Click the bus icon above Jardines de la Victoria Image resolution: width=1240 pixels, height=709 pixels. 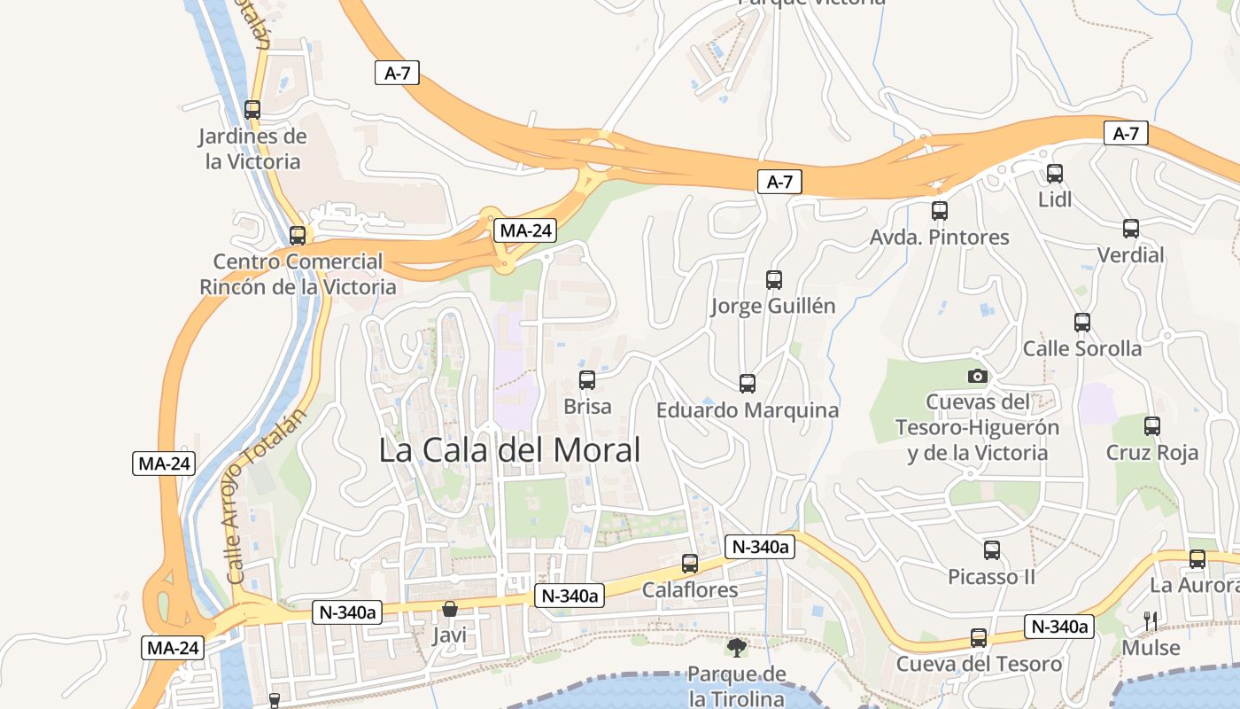252,110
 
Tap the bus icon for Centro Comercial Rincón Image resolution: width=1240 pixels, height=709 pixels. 298,236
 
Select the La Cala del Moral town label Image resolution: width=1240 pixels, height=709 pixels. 509,450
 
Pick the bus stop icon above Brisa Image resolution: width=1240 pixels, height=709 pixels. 586,380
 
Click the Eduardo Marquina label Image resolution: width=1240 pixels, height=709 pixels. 747,410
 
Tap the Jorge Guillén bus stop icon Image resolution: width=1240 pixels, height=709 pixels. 773,280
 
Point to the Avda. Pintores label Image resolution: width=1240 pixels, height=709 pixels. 939,238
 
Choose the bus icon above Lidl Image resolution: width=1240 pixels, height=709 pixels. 1054,174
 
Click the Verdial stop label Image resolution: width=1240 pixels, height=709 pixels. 1130,255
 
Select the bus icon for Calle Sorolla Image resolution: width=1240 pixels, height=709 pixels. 1081,323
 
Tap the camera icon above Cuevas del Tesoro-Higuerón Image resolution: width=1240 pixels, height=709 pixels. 977,376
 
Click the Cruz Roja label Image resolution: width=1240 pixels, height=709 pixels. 1151,453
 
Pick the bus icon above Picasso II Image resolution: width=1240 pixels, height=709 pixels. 991,550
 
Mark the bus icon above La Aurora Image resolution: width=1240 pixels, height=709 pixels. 1197,559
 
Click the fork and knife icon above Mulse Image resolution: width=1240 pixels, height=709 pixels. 1151,621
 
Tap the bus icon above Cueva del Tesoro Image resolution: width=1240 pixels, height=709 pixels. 978,638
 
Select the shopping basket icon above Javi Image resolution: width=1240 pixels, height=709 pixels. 449,609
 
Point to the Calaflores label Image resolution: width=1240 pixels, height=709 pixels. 689,590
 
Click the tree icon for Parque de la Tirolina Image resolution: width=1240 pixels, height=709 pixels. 736,647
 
